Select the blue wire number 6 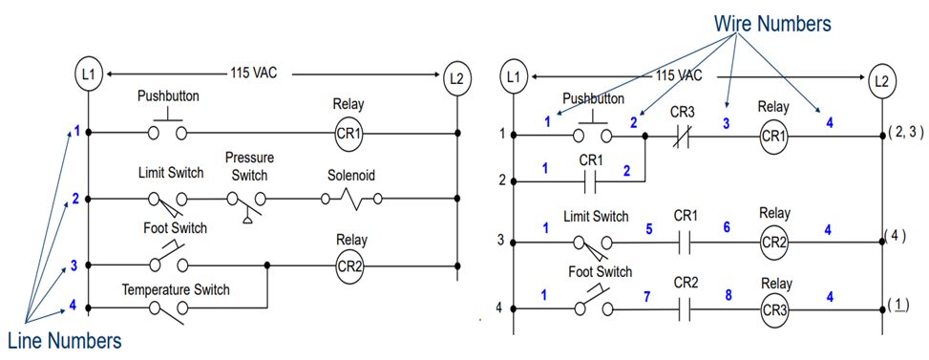click(728, 229)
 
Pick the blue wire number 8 click(728, 295)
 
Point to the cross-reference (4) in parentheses click(895, 235)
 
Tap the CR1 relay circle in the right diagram click(773, 137)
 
